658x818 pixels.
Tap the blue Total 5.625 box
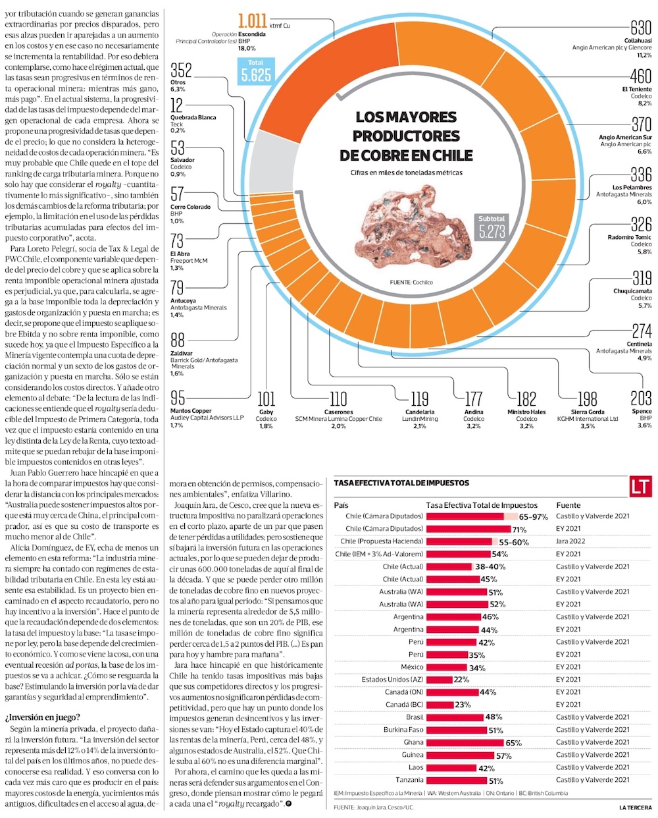click(x=255, y=71)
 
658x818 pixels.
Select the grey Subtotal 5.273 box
click(x=492, y=227)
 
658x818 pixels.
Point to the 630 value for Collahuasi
click(x=640, y=28)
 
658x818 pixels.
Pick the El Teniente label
click(x=637, y=89)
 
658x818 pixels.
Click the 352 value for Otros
click(x=181, y=70)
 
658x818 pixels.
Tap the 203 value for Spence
click(x=641, y=398)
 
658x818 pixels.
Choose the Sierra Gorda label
click(x=588, y=412)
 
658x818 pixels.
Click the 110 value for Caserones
click(x=338, y=398)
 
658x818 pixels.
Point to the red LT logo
click(x=640, y=487)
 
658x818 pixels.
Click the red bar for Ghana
click(x=465, y=742)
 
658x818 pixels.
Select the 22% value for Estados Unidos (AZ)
click(x=461, y=680)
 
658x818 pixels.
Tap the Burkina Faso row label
click(x=403, y=730)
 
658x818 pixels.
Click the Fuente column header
click(x=569, y=505)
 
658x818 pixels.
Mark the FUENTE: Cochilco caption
click(x=411, y=282)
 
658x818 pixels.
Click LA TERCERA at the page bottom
click(x=636, y=807)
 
